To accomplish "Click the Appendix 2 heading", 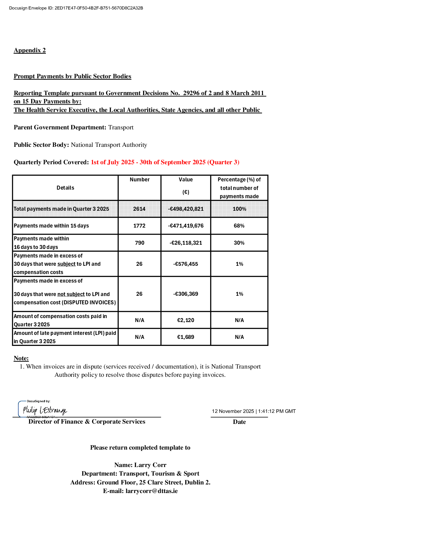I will pyautogui.click(x=30, y=50).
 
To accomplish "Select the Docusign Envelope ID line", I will pyautogui.click(x=76, y=8).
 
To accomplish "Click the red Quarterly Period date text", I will pyautogui.click(x=165, y=162).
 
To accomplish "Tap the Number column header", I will pyautogui.click(x=139, y=180).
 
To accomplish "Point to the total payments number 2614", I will pyautogui.click(x=139, y=209).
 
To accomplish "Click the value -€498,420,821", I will pyautogui.click(x=186, y=209).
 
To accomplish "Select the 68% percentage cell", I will pyautogui.click(x=239, y=226).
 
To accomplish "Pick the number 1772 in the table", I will pyautogui.click(x=139, y=226).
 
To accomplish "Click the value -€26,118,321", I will pyautogui.click(x=186, y=243).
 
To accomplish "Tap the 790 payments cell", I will pyautogui.click(x=139, y=243).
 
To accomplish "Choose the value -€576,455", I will pyautogui.click(x=186, y=264).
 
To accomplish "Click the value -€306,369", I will pyautogui.click(x=186, y=294).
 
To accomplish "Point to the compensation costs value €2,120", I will pyautogui.click(x=186, y=320).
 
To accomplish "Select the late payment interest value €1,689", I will pyautogui.click(x=186, y=337).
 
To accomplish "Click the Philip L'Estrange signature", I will pyautogui.click(x=45, y=410).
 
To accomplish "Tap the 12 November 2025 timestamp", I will pyautogui.click(x=254, y=411).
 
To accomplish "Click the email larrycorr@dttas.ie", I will pyautogui.click(x=151, y=491).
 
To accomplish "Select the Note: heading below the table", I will pyautogui.click(x=21, y=358).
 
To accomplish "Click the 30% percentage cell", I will pyautogui.click(x=239, y=243).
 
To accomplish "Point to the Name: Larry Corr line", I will pyautogui.click(x=140, y=465).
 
